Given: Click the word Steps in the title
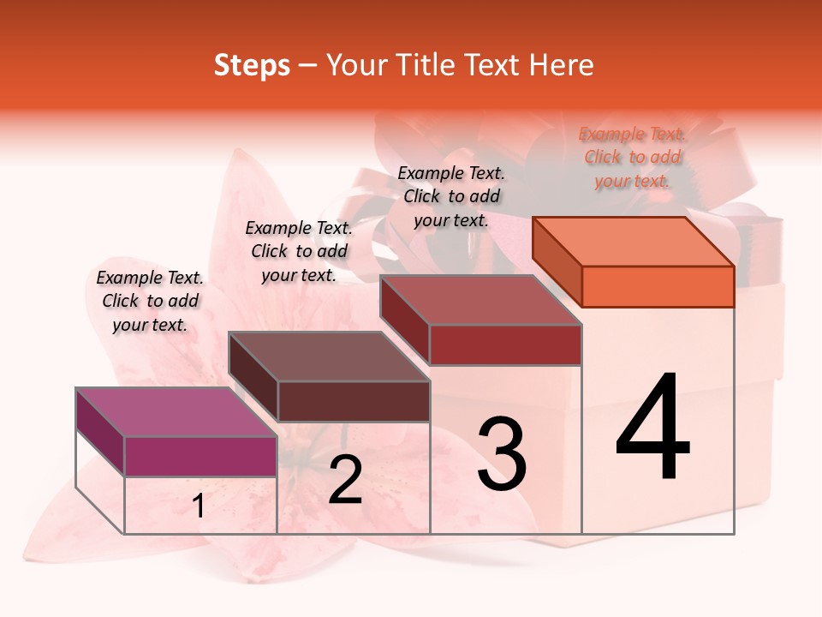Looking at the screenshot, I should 252,65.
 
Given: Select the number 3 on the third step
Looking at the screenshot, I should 501,454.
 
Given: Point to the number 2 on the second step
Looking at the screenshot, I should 345,481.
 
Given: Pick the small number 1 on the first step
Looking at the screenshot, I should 199,506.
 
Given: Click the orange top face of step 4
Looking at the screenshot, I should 634,242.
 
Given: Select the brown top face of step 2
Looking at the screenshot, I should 329,356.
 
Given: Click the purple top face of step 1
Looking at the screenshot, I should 176,412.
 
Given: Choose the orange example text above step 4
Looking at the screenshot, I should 632,157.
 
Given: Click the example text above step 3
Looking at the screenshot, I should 451,196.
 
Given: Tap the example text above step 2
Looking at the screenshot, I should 299,251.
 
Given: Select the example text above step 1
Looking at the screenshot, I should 150,301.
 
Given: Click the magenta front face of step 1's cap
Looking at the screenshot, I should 200,456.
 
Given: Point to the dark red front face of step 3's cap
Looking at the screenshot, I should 505,344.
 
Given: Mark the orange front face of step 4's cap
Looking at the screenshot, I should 658,286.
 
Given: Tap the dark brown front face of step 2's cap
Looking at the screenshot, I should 354,401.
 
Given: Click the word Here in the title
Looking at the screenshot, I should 563,65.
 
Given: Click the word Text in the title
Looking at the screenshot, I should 495,65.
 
